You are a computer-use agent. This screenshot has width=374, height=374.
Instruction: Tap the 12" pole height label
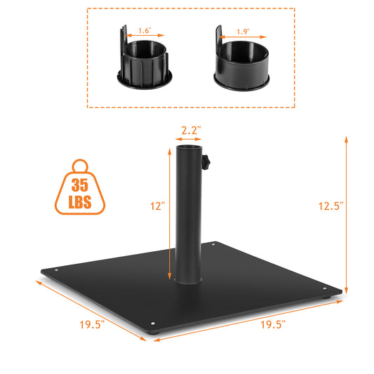click(x=156, y=206)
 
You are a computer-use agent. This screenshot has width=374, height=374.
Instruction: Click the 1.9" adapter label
click(x=243, y=32)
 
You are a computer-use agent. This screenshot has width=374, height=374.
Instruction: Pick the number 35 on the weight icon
click(x=80, y=186)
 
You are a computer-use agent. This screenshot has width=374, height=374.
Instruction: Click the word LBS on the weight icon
click(x=80, y=203)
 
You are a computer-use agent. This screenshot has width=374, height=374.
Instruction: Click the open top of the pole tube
click(x=190, y=149)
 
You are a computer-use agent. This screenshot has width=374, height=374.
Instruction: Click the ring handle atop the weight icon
click(x=80, y=166)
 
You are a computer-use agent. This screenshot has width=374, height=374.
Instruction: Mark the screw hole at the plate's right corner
click(x=323, y=287)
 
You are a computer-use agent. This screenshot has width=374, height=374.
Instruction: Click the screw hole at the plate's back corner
click(x=213, y=245)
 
